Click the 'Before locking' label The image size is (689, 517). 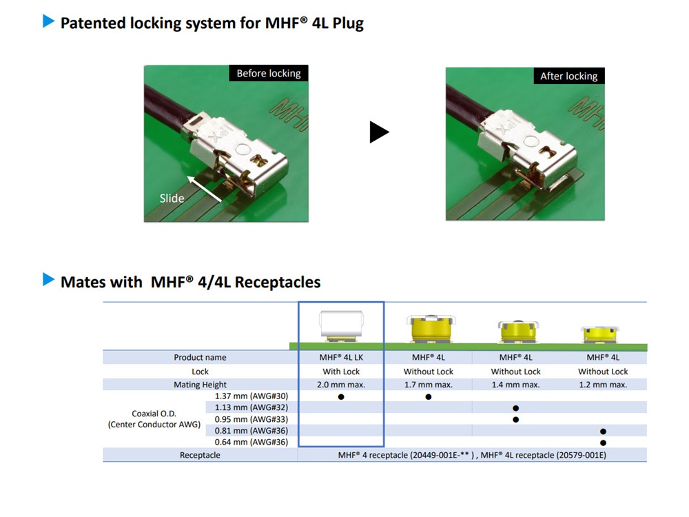tap(269, 73)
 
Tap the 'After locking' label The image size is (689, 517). tap(568, 76)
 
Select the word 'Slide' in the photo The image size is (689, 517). tap(172, 199)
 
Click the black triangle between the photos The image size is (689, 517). tap(378, 132)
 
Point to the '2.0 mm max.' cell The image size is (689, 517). tap(342, 385)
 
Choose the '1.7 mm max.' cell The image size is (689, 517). tap(428, 385)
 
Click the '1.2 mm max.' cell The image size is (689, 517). tap(603, 385)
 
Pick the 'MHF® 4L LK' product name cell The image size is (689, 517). tap(342, 357)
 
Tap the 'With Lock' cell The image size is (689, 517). tap(342, 372)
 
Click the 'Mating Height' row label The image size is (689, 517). tap(200, 385)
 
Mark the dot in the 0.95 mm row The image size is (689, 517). tap(515, 419)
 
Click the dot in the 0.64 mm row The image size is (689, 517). tap(603, 442)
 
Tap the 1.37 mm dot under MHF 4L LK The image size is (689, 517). tap(341, 397)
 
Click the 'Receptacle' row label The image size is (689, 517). tap(200, 455)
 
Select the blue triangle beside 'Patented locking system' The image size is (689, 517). tap(48, 21)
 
